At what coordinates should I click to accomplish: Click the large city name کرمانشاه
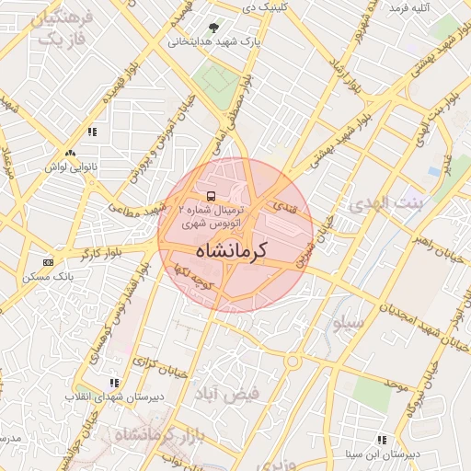236,249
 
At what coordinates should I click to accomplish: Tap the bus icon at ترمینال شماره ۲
212,197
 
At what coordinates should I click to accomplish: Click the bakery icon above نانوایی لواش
70,153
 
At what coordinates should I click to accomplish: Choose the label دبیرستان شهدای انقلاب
102,396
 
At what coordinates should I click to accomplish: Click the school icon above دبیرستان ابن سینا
382,440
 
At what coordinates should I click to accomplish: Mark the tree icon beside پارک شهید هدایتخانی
214,28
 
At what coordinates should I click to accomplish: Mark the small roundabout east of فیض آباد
293,361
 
